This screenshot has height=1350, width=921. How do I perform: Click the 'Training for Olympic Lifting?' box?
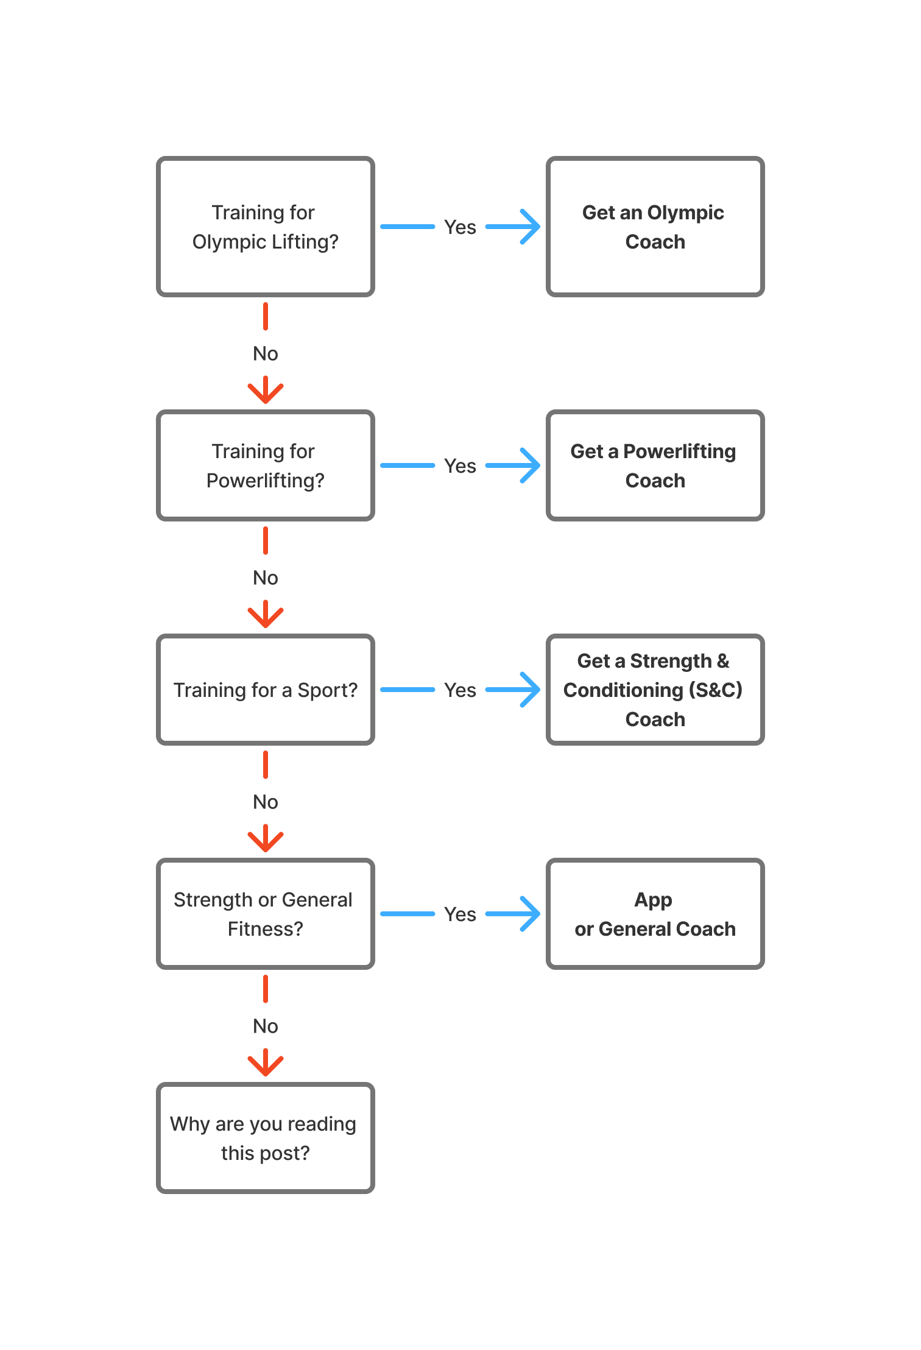[x=266, y=227]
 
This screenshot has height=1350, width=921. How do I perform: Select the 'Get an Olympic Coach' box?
[x=655, y=227]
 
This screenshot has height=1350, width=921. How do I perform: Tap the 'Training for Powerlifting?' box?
[x=266, y=465]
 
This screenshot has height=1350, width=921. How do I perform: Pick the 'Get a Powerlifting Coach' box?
[x=655, y=465]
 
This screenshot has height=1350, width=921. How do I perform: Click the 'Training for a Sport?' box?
[x=266, y=690]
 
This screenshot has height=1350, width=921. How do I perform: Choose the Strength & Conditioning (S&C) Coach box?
[x=655, y=690]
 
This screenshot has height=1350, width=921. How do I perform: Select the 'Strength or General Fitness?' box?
[x=266, y=914]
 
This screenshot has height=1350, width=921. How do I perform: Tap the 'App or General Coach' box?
[x=655, y=914]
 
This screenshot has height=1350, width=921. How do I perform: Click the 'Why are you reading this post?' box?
[x=266, y=1138]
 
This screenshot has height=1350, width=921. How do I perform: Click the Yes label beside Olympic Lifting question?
[x=460, y=227]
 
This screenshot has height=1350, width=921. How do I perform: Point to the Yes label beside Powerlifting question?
[x=460, y=466]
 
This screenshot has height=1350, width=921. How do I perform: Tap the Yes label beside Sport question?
[x=460, y=690]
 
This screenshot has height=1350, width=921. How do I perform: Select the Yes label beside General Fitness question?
[x=460, y=914]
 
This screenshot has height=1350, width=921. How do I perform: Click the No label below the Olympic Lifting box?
[x=266, y=353]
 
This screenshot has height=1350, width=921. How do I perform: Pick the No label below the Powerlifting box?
[x=266, y=578]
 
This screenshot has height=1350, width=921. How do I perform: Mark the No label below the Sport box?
[x=266, y=802]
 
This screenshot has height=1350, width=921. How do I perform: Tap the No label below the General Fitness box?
[x=266, y=1026]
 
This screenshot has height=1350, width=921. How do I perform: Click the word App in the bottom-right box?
[x=653, y=900]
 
